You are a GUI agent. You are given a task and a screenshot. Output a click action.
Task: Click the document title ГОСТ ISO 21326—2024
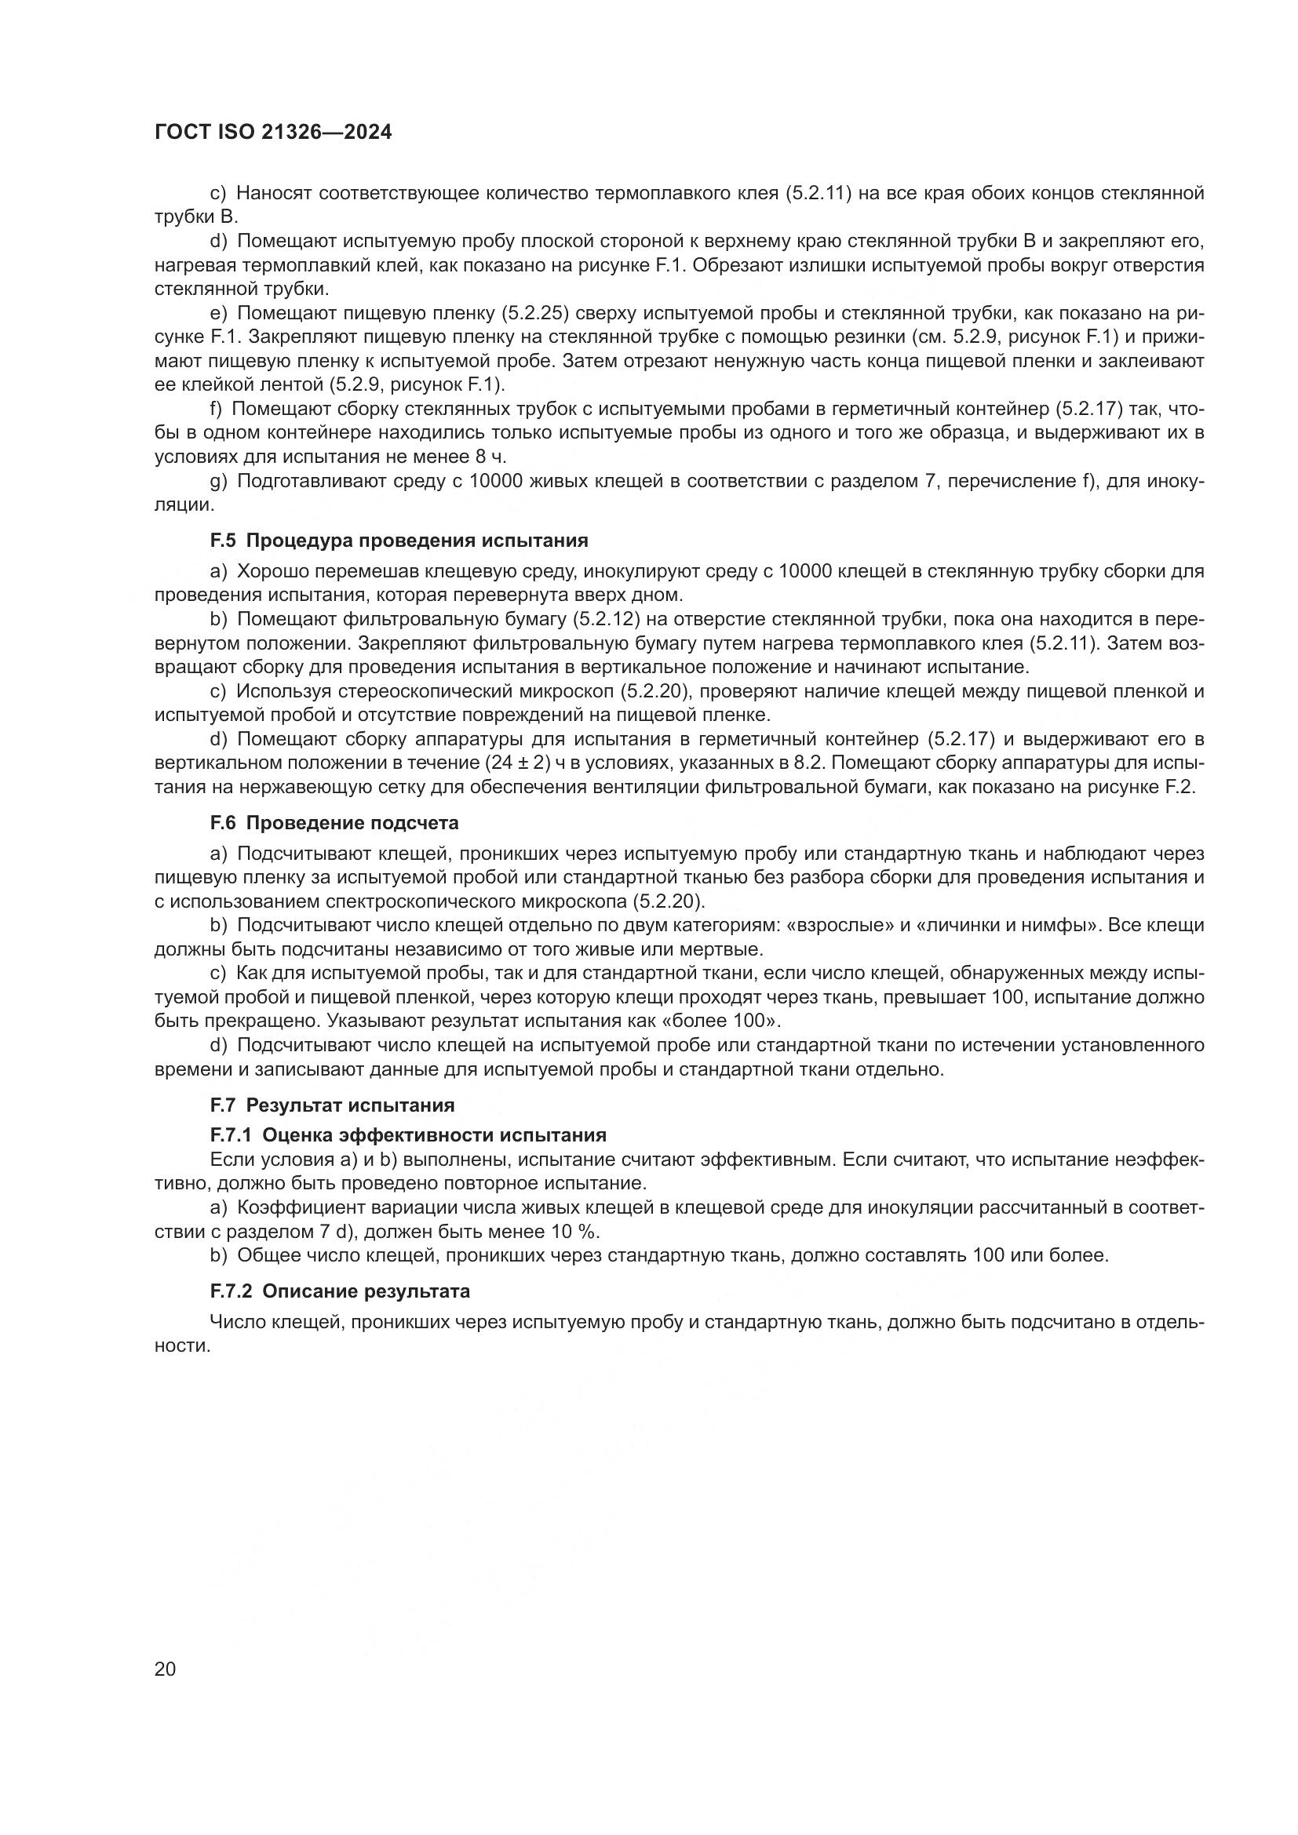[x=272, y=133]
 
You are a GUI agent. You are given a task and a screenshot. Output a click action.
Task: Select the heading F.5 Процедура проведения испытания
[x=399, y=541]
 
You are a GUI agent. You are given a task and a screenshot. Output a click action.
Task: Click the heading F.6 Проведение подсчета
[x=334, y=822]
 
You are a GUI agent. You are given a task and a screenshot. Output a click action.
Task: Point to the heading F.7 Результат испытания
[x=332, y=1105]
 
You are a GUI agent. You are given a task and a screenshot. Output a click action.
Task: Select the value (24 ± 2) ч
[x=524, y=763]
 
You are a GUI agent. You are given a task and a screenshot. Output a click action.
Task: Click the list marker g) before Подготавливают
[x=219, y=481]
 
